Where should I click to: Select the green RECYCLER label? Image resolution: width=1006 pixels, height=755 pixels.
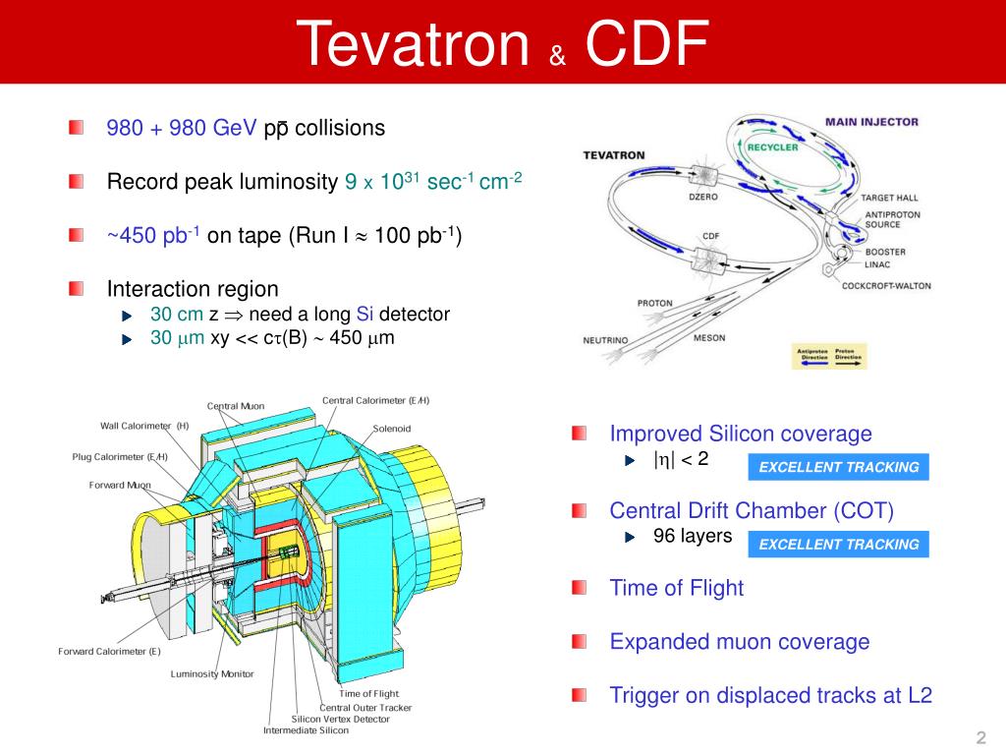(x=772, y=147)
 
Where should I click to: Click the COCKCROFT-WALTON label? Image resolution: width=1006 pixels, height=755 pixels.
(x=886, y=286)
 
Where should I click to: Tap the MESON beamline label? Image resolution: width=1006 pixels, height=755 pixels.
(x=709, y=337)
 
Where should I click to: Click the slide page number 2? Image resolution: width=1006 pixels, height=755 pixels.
(x=979, y=737)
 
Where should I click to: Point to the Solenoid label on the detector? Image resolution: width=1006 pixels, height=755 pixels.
(x=392, y=429)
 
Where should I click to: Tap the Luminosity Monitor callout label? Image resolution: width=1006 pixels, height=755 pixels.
(x=212, y=673)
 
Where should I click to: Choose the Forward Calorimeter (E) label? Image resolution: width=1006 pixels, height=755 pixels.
(x=109, y=651)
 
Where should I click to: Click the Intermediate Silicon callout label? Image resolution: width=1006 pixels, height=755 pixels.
(x=306, y=730)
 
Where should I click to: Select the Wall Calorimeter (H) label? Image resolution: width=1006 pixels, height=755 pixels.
(x=144, y=426)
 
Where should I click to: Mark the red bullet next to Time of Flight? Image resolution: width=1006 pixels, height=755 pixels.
(x=580, y=588)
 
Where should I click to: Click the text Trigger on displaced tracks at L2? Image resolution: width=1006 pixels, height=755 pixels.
(x=770, y=695)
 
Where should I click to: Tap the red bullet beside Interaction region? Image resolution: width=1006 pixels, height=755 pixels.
(x=77, y=289)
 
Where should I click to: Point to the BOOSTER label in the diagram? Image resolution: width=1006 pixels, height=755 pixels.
(x=885, y=252)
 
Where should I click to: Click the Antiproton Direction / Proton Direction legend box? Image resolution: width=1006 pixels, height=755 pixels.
(x=829, y=356)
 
